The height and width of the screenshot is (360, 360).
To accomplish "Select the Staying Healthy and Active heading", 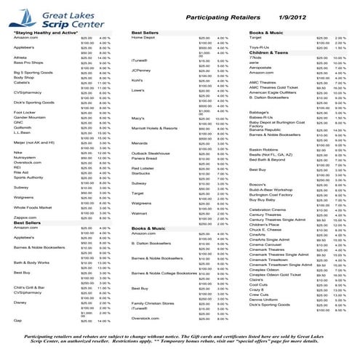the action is click(40, 33).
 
